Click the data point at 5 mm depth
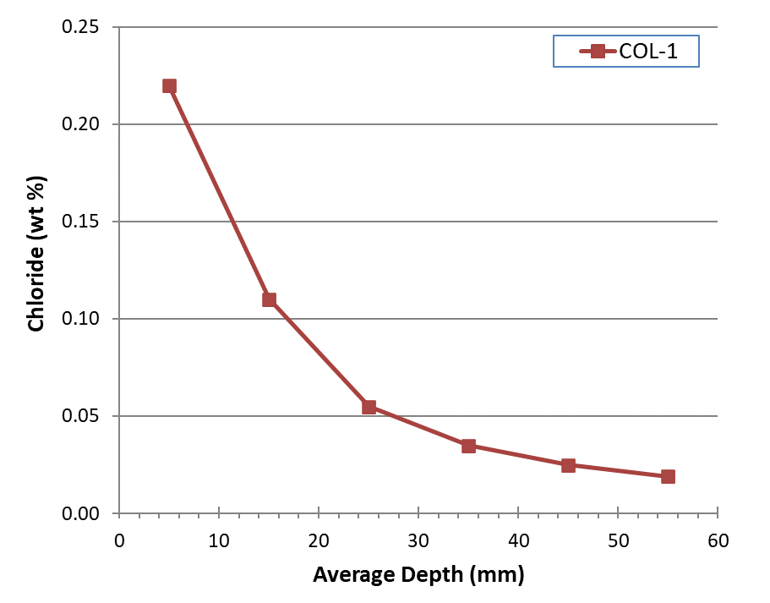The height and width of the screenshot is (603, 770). coord(169,85)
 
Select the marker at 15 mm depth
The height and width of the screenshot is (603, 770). coord(269,299)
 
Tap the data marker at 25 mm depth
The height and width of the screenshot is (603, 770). coord(369,407)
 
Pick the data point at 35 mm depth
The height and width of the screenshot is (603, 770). coord(468,446)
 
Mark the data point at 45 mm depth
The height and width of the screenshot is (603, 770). coord(568,465)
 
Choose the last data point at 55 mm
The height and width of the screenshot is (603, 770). coord(668,476)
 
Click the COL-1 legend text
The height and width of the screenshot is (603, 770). coord(648,52)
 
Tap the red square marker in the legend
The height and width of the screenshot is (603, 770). coord(598,52)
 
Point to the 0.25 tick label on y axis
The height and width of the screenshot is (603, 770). coord(80,27)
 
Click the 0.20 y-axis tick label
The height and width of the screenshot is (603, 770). coord(80,124)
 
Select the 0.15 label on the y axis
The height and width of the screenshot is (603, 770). coord(80,222)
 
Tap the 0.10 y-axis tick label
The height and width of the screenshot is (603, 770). coord(80,319)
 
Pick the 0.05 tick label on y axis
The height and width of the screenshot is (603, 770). coord(80,416)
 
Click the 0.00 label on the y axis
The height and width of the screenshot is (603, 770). coord(80,513)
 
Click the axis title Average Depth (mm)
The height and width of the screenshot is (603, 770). coord(418,575)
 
